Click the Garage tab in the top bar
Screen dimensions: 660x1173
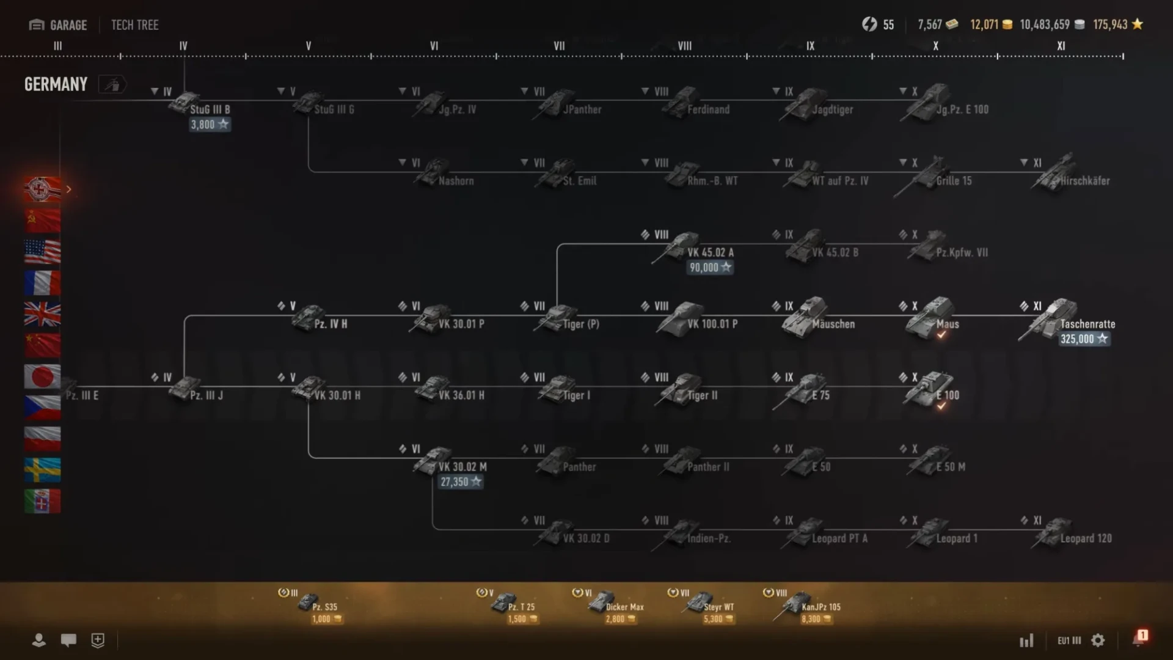coord(59,25)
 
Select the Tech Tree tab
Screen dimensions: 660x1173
coord(134,25)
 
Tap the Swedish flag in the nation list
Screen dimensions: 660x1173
coord(42,470)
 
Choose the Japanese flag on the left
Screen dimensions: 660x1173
coord(42,376)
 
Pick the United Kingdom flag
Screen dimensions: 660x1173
coord(42,314)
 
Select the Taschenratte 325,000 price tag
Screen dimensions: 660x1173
coord(1084,339)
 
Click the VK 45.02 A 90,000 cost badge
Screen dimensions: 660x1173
coord(709,268)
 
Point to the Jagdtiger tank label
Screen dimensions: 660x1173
coord(832,110)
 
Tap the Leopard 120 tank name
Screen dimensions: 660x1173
coord(1086,538)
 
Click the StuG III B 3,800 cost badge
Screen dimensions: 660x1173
coord(209,125)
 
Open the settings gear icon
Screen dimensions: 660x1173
coord(1098,640)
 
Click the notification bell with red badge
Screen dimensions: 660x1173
coord(1139,639)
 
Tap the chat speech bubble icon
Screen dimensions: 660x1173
coord(68,640)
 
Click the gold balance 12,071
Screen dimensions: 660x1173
coord(990,24)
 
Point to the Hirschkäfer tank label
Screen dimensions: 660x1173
coord(1084,181)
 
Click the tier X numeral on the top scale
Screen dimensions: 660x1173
coord(935,46)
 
